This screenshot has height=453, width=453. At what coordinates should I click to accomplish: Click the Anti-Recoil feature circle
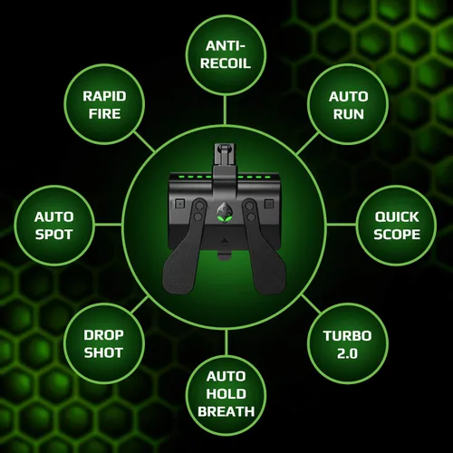coord(226,55)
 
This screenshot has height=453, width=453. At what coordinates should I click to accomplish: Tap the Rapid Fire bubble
coord(104,104)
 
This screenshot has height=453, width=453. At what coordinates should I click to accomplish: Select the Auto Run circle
coord(348,104)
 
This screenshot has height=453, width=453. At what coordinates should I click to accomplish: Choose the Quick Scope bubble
coord(397,226)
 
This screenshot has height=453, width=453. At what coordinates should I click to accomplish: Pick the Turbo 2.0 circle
coord(348,343)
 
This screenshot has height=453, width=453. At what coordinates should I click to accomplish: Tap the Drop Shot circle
coord(104,343)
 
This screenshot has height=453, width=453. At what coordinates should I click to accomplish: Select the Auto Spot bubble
coord(54,226)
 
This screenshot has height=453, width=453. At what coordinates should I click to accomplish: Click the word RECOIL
coord(226,63)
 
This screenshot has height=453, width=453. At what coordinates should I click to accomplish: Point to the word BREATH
coord(226,411)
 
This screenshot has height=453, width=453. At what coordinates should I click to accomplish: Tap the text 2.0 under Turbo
coord(347,353)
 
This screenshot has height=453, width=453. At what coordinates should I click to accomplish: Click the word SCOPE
coord(397,235)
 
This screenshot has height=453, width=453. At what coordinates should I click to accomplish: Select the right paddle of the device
coord(264,246)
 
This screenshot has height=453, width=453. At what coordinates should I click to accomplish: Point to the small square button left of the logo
coord(180,204)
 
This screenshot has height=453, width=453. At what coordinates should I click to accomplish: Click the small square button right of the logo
coord(269,204)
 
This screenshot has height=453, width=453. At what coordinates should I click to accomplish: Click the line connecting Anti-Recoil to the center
coord(226,110)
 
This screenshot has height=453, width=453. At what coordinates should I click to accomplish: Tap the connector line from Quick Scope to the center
coord(342,225)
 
